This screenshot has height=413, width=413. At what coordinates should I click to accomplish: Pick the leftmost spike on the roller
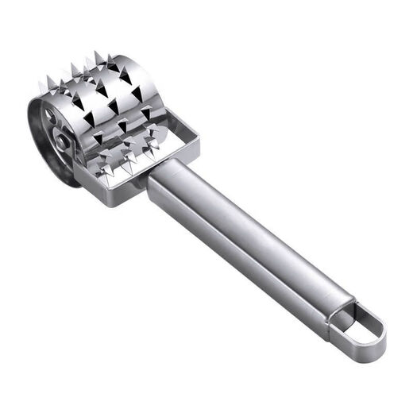pos(41,81)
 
